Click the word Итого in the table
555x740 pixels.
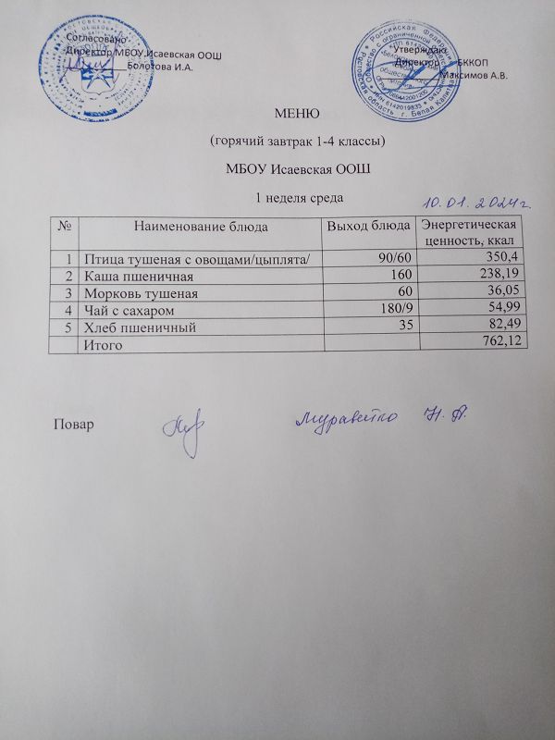(103, 343)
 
